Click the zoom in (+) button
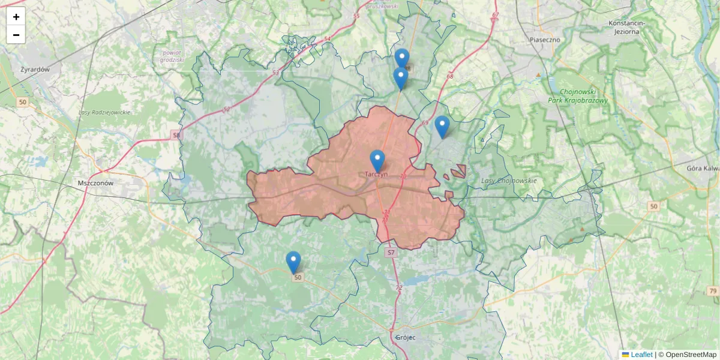[x=16, y=17]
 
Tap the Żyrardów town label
[x=35, y=70]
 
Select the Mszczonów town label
[x=95, y=183]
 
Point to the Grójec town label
[x=406, y=337]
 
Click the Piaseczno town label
[x=545, y=40]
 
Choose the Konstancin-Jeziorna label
[x=626, y=27]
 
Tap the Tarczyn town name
[x=376, y=174]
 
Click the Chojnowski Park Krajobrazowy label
[x=578, y=97]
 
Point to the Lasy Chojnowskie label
[x=509, y=181]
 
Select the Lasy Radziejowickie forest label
[x=104, y=112]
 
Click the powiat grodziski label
[x=172, y=56]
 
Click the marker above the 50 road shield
[x=293, y=262]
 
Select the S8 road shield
[x=176, y=136]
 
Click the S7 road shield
[x=391, y=253]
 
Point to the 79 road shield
[x=713, y=291]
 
